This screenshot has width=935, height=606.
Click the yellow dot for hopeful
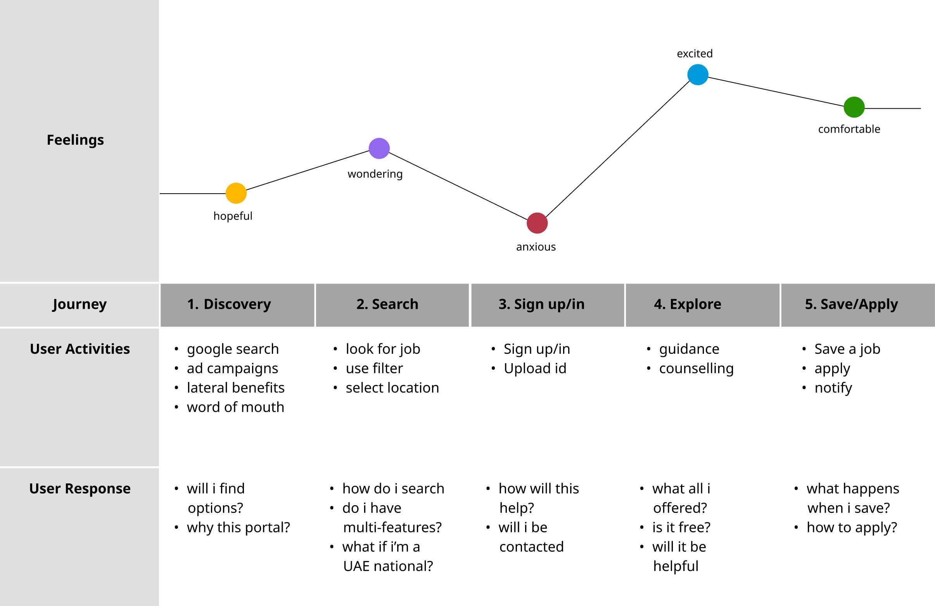[236, 193]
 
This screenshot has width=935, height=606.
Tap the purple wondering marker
[379, 149]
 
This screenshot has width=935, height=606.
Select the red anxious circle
[537, 223]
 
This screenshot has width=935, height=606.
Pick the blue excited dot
[698, 74]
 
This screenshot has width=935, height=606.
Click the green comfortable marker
[854, 107]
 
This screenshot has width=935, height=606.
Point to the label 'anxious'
[536, 247]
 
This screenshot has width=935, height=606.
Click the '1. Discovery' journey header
[229, 305]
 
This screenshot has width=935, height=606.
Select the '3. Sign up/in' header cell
[541, 305]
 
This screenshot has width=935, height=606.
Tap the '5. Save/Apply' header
[851, 305]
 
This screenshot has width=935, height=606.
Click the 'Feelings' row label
[76, 140]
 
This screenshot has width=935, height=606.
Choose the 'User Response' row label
[80, 488]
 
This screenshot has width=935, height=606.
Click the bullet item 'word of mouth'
[235, 407]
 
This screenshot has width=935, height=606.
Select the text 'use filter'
[374, 369]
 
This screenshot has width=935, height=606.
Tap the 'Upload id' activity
[535, 369]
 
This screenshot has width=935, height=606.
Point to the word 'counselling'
[696, 369]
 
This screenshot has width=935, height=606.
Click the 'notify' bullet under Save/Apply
[833, 388]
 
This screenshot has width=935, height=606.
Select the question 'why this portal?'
[238, 527]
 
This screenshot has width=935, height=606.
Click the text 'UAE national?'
[388, 566]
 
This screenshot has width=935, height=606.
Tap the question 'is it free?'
[681, 527]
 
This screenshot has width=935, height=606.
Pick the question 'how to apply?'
[852, 527]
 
